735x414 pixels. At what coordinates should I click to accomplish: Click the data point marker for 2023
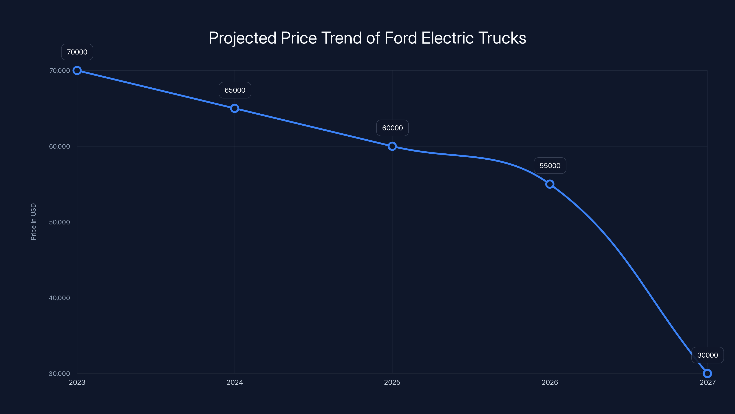(77, 70)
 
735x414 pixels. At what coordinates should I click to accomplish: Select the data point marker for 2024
(235, 108)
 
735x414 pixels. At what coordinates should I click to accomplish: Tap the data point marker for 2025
(392, 146)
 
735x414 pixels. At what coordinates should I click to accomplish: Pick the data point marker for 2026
(550, 184)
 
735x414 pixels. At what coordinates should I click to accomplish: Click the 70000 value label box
(77, 52)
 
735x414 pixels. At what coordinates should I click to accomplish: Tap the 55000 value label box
(550, 165)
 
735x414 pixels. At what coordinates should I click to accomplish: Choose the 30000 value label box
(707, 355)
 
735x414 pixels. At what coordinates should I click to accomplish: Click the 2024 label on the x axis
(235, 382)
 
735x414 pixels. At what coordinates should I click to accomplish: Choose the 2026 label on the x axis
(550, 382)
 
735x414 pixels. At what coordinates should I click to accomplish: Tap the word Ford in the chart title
(401, 38)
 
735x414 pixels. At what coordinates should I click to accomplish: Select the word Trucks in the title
(502, 38)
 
